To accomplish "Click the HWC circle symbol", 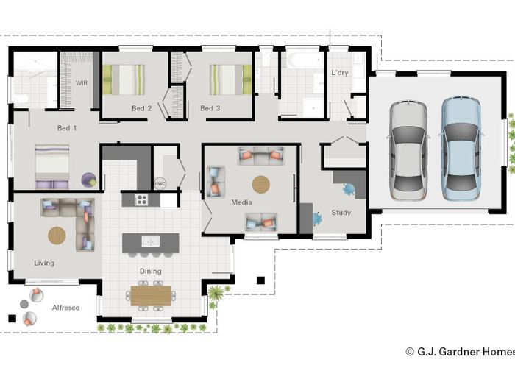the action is click(160, 183).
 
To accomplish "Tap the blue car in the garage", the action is click(461, 149).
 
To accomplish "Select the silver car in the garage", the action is click(408, 150).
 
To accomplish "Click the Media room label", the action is click(241, 202).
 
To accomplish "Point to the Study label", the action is click(341, 213).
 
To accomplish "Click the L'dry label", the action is click(340, 73).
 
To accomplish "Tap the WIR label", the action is click(82, 82).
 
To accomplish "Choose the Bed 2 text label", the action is click(141, 108).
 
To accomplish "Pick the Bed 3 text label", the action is click(210, 108).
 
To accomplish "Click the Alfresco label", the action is click(65, 308).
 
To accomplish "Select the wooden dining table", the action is click(151, 296).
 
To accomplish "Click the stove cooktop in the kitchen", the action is click(141, 199).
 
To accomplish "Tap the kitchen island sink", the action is click(151, 241).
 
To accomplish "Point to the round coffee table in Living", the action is click(57, 236).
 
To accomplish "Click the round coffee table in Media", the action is click(261, 184).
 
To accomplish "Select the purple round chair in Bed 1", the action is click(89, 180).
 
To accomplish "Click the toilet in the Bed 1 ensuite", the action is click(21, 98).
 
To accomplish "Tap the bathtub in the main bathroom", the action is click(305, 60).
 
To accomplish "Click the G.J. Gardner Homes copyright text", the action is click(460, 352).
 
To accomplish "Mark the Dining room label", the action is click(150, 272).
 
